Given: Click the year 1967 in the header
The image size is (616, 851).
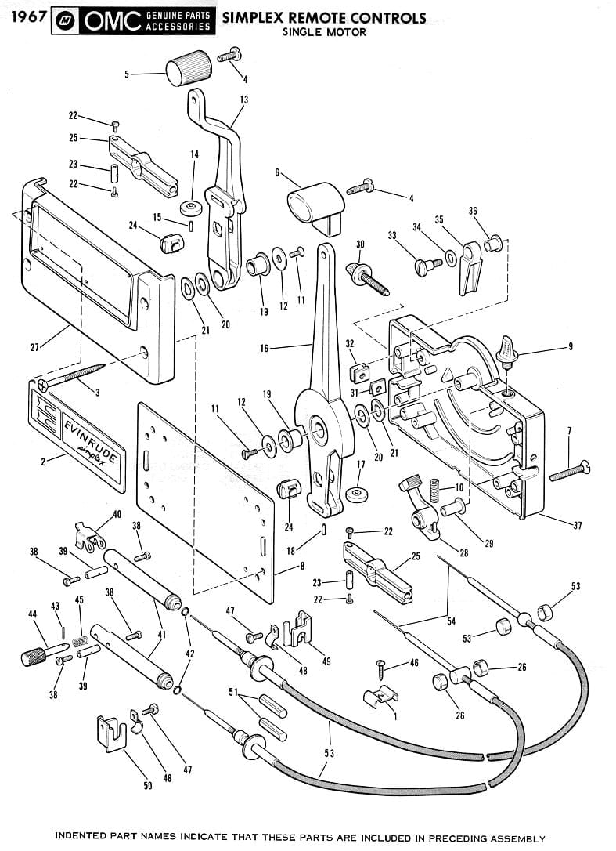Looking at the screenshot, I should pyautogui.click(x=24, y=17).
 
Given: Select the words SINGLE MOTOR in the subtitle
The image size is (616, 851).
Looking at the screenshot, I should pyautogui.click(x=323, y=32).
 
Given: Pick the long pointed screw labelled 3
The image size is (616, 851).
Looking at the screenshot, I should pyautogui.click(x=75, y=375).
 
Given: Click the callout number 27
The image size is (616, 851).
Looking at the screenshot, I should pyautogui.click(x=34, y=347).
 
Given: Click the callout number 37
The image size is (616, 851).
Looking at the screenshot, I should pyautogui.click(x=577, y=525).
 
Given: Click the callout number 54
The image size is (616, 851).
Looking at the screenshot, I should pyautogui.click(x=451, y=621).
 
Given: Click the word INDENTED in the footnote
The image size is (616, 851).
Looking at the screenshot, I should pyautogui.click(x=82, y=836).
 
